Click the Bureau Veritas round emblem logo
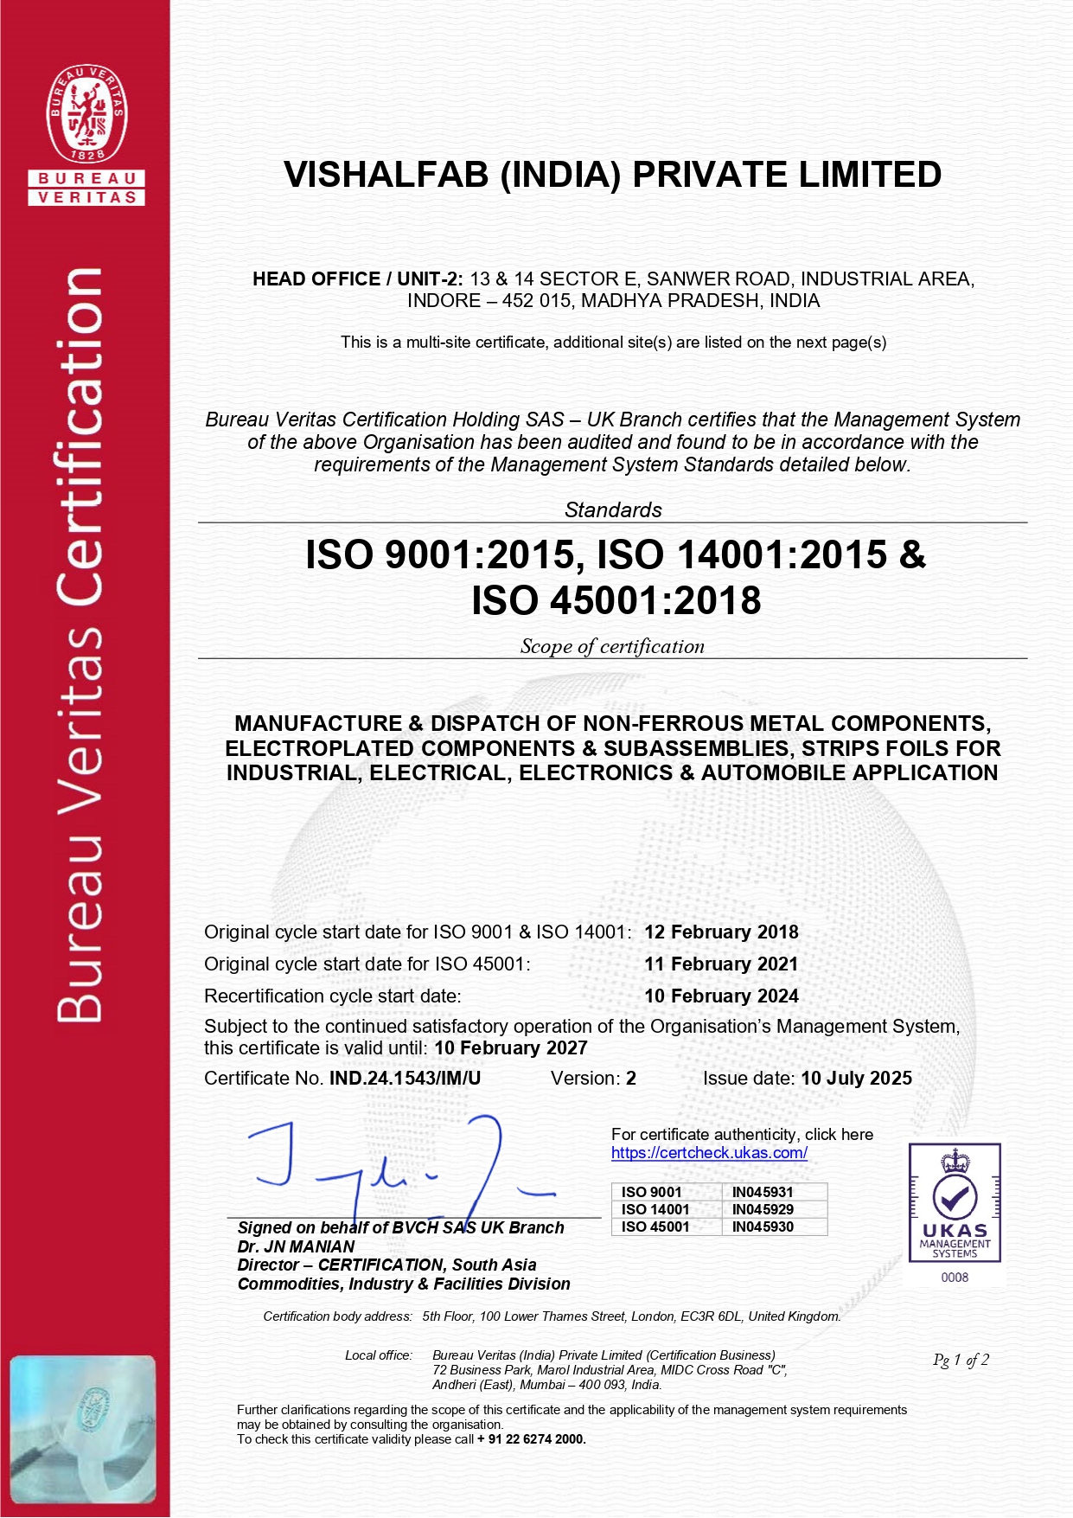[x=86, y=113]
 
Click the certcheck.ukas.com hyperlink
[x=709, y=1153]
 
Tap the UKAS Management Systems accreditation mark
[x=955, y=1203]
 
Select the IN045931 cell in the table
[x=763, y=1192]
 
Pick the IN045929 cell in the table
[x=763, y=1209]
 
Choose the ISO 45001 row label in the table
[x=655, y=1227]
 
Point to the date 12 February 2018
[x=721, y=932]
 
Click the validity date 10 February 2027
[x=510, y=1048]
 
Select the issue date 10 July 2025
[x=856, y=1079]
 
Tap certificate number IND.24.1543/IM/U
[x=405, y=1079]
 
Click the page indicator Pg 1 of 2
[x=961, y=1361]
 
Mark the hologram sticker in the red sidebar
[x=83, y=1430]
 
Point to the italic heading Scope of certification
[x=612, y=647]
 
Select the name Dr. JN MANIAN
[x=296, y=1246]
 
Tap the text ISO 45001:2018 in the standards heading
[x=616, y=600]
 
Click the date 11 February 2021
[x=721, y=964]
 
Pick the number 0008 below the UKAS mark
[x=955, y=1278]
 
